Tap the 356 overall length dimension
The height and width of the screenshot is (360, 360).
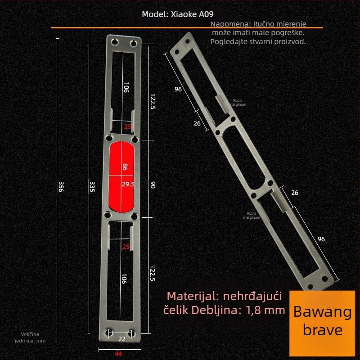(61, 187)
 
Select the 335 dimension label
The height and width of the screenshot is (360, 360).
(92, 187)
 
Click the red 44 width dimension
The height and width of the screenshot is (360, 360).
(118, 354)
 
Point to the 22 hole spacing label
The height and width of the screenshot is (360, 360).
(121, 339)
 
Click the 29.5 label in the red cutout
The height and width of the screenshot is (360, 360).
(128, 184)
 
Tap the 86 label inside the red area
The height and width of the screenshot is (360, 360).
(125, 168)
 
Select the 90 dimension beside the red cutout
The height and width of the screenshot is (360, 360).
(153, 185)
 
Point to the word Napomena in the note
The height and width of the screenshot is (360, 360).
(231, 24)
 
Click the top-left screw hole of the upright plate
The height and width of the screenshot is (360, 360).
(114, 43)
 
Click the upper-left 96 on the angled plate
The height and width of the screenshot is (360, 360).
(178, 90)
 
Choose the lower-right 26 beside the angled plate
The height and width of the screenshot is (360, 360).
(295, 193)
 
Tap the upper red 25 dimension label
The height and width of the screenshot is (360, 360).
(127, 127)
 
